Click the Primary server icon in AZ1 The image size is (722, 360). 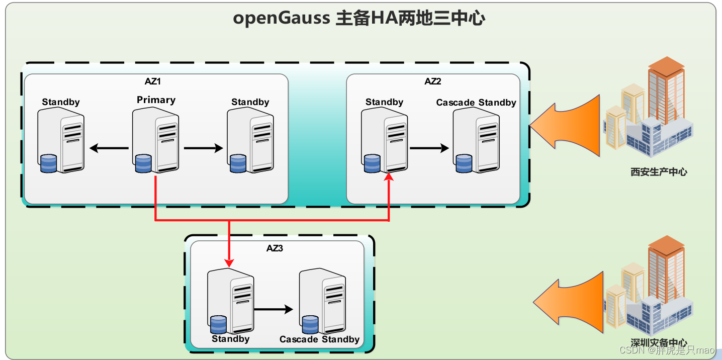(155, 141)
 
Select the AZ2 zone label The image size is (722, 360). (432, 81)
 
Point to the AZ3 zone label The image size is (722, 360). (275, 248)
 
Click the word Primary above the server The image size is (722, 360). (156, 100)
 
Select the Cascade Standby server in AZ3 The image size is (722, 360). (322, 302)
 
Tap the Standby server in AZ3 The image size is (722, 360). (230, 302)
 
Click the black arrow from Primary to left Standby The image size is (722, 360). (109, 148)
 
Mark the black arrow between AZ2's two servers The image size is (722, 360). (429, 148)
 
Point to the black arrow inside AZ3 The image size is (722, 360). (273, 310)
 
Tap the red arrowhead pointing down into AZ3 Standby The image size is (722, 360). (229, 263)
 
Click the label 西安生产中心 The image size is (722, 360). (659, 172)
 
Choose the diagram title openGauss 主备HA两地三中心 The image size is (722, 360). (359, 19)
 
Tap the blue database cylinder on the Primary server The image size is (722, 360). (143, 164)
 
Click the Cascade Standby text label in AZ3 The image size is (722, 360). (319, 339)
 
